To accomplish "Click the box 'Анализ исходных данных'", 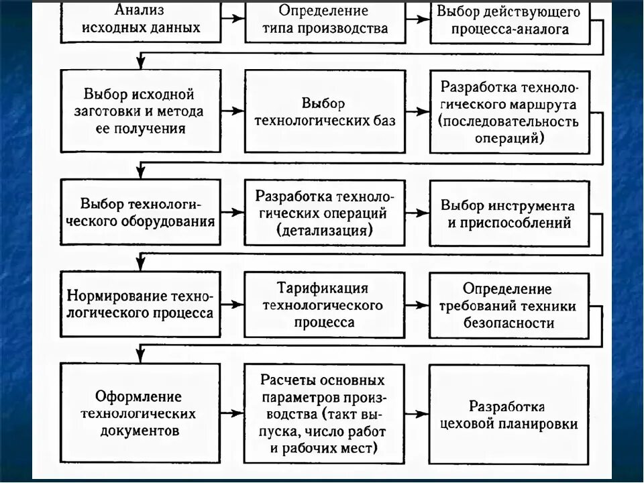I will coord(142,20).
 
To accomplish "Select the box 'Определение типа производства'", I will coord(325,20).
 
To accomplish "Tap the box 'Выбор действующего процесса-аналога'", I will coord(509,21).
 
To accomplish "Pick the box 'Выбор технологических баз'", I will coord(325,112).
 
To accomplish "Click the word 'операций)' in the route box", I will coord(509,138).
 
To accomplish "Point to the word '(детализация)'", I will coord(324,230).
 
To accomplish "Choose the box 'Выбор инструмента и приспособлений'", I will coord(509,213).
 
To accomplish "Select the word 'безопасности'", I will coord(508,323).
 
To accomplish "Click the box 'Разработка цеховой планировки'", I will coord(508,415).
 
